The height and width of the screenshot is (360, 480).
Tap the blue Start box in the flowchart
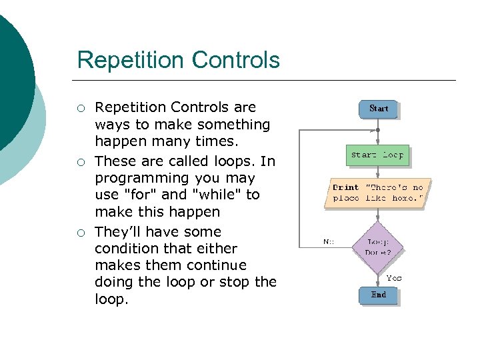point(378,109)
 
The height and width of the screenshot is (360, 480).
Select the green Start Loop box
point(377,155)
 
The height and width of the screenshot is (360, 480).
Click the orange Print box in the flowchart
point(377,193)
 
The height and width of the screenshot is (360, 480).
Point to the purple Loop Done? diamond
point(378,247)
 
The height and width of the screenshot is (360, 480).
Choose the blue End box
point(378,295)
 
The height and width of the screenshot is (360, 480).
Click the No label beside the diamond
point(329,242)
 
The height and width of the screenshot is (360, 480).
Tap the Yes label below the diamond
point(394,277)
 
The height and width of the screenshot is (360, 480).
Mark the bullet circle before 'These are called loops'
point(81,162)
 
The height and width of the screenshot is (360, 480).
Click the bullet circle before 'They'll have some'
point(81,233)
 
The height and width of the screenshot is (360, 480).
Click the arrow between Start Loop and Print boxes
point(378,171)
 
